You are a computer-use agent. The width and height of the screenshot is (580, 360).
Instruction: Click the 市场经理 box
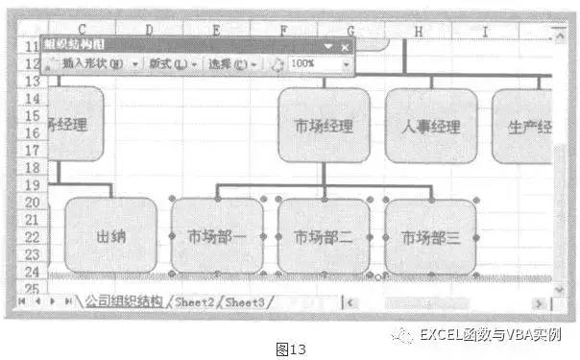tap(324, 126)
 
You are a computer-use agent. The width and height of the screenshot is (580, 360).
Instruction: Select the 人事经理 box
tap(430, 126)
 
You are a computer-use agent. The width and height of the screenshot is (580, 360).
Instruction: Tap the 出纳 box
tap(110, 235)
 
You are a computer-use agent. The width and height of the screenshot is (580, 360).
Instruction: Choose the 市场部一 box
tap(216, 236)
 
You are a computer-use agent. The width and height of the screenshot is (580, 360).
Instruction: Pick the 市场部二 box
tap(324, 236)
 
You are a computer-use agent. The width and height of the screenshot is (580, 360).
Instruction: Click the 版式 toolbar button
tap(170, 63)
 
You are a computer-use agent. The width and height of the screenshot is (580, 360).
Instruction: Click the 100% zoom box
tap(317, 63)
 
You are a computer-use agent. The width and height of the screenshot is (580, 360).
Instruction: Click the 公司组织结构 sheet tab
tap(124, 301)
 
